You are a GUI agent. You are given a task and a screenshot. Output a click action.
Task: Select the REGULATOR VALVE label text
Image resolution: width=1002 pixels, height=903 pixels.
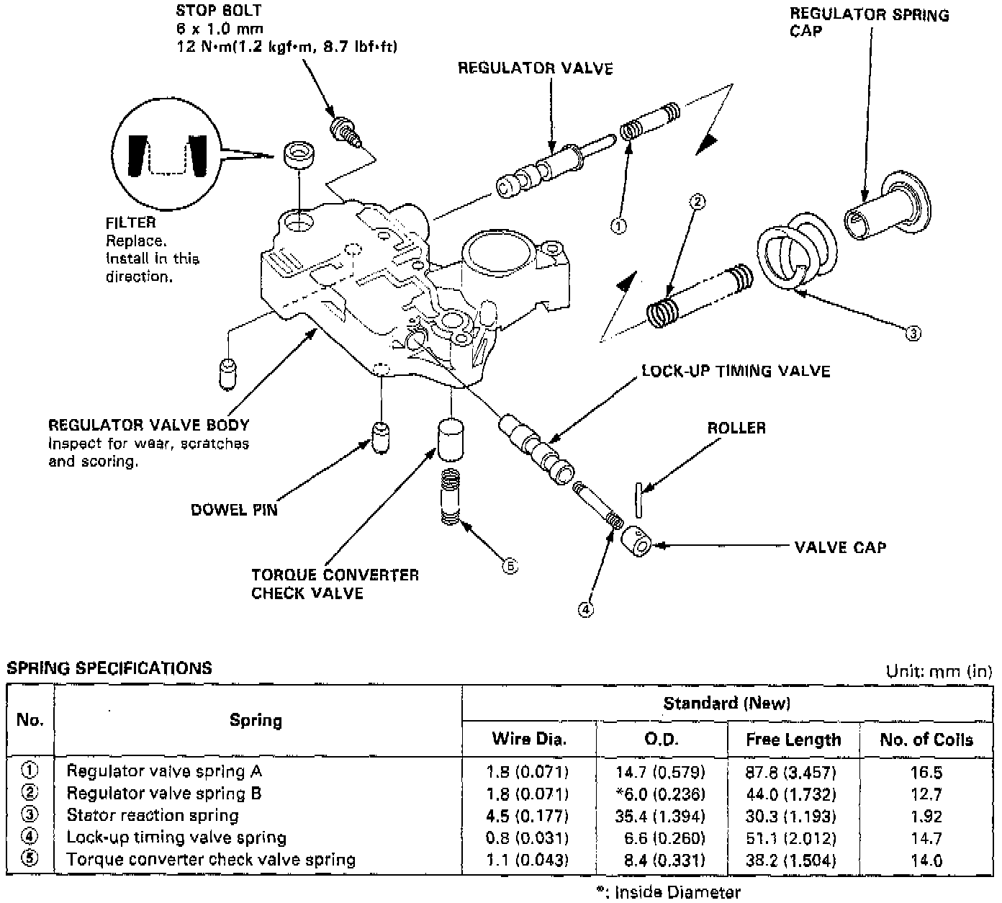[x=536, y=69]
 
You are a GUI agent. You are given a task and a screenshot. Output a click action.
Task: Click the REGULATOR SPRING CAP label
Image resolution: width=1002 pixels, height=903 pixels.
[x=869, y=22]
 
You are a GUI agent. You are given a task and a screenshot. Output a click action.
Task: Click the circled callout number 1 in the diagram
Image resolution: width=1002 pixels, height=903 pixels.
[x=618, y=226]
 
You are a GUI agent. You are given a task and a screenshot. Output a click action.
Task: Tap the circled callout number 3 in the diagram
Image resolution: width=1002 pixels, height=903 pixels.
[x=912, y=333]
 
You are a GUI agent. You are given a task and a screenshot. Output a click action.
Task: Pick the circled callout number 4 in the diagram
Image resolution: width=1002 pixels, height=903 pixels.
[x=586, y=610]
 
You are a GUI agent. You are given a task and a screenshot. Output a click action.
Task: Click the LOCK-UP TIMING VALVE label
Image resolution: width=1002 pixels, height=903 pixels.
[x=736, y=372]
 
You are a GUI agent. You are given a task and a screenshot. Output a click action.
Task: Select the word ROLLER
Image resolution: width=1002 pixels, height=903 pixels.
[x=736, y=428]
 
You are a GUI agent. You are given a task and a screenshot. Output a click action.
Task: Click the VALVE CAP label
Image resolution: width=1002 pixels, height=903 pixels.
[x=840, y=548]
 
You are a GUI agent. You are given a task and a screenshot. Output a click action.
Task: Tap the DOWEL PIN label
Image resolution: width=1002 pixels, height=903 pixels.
[x=234, y=511]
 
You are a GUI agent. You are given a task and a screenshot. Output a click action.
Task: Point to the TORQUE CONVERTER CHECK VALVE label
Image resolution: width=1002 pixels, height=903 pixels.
[x=335, y=584]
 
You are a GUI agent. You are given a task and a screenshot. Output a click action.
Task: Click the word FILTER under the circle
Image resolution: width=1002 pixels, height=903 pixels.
[x=130, y=223]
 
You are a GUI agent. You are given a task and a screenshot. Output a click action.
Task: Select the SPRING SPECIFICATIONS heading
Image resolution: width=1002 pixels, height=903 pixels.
[x=109, y=668]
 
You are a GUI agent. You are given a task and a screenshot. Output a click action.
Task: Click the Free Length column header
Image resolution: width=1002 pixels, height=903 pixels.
[x=793, y=740]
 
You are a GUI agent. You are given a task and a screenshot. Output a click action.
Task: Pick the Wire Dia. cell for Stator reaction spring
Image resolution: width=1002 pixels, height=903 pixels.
[x=528, y=817]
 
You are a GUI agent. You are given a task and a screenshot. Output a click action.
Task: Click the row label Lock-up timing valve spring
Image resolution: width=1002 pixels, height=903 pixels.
[x=176, y=838]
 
